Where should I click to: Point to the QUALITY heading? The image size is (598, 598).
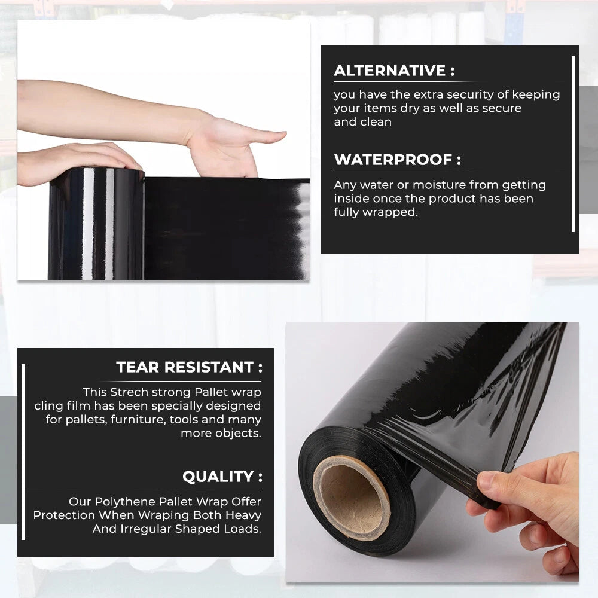coord(222,477)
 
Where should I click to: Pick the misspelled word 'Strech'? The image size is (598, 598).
coord(129,392)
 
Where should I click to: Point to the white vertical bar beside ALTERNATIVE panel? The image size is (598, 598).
coord(573,144)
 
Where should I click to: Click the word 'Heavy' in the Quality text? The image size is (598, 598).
coord(243,515)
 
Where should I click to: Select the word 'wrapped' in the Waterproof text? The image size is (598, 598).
coord(390,212)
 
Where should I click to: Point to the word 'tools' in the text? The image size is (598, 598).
coord(184,419)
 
